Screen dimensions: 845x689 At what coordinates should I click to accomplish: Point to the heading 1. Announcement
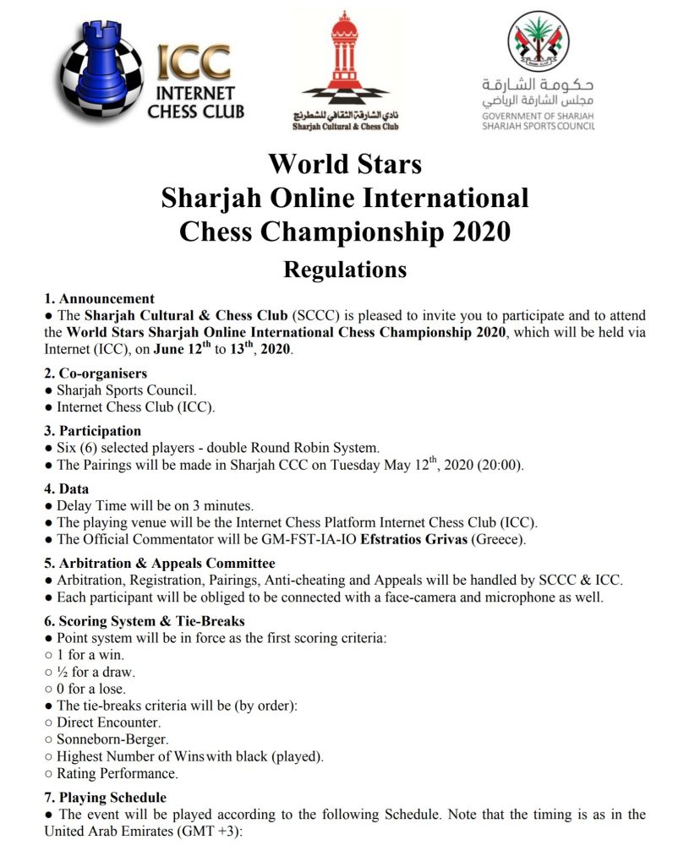[x=99, y=298]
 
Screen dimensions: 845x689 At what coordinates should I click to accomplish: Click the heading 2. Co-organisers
[x=96, y=373]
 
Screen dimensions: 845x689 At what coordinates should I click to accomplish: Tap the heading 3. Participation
[x=92, y=430]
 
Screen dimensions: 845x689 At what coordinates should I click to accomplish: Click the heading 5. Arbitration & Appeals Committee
[x=160, y=563]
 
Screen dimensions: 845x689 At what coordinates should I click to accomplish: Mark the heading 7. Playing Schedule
[x=106, y=797]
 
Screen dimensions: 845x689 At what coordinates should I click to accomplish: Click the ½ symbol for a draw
[x=63, y=672]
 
